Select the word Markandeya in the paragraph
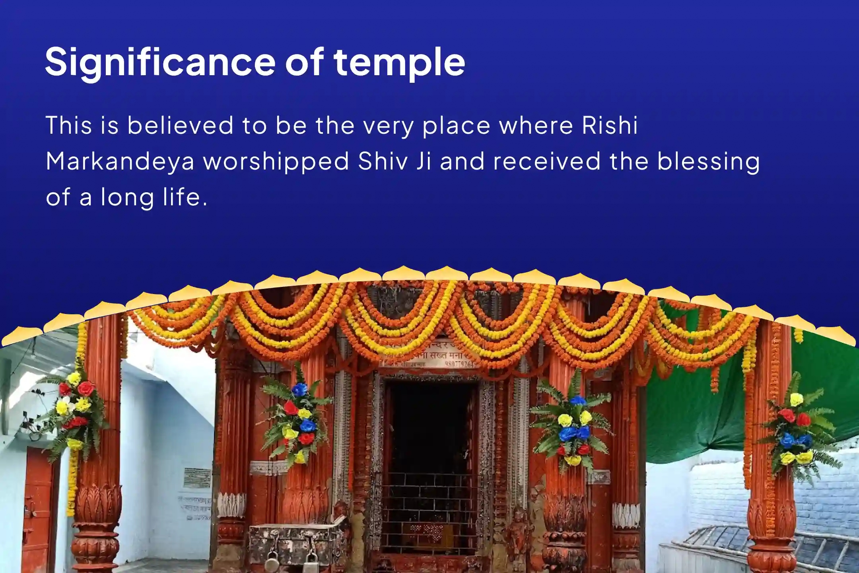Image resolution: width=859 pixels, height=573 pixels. coord(120,162)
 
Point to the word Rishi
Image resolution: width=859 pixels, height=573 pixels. coord(610,126)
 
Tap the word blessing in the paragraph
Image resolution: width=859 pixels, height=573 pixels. coord(708,162)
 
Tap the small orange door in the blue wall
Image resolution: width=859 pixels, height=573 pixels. coord(38,505)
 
